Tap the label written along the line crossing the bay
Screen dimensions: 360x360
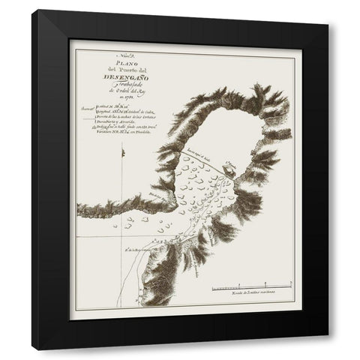[x=196, y=157]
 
